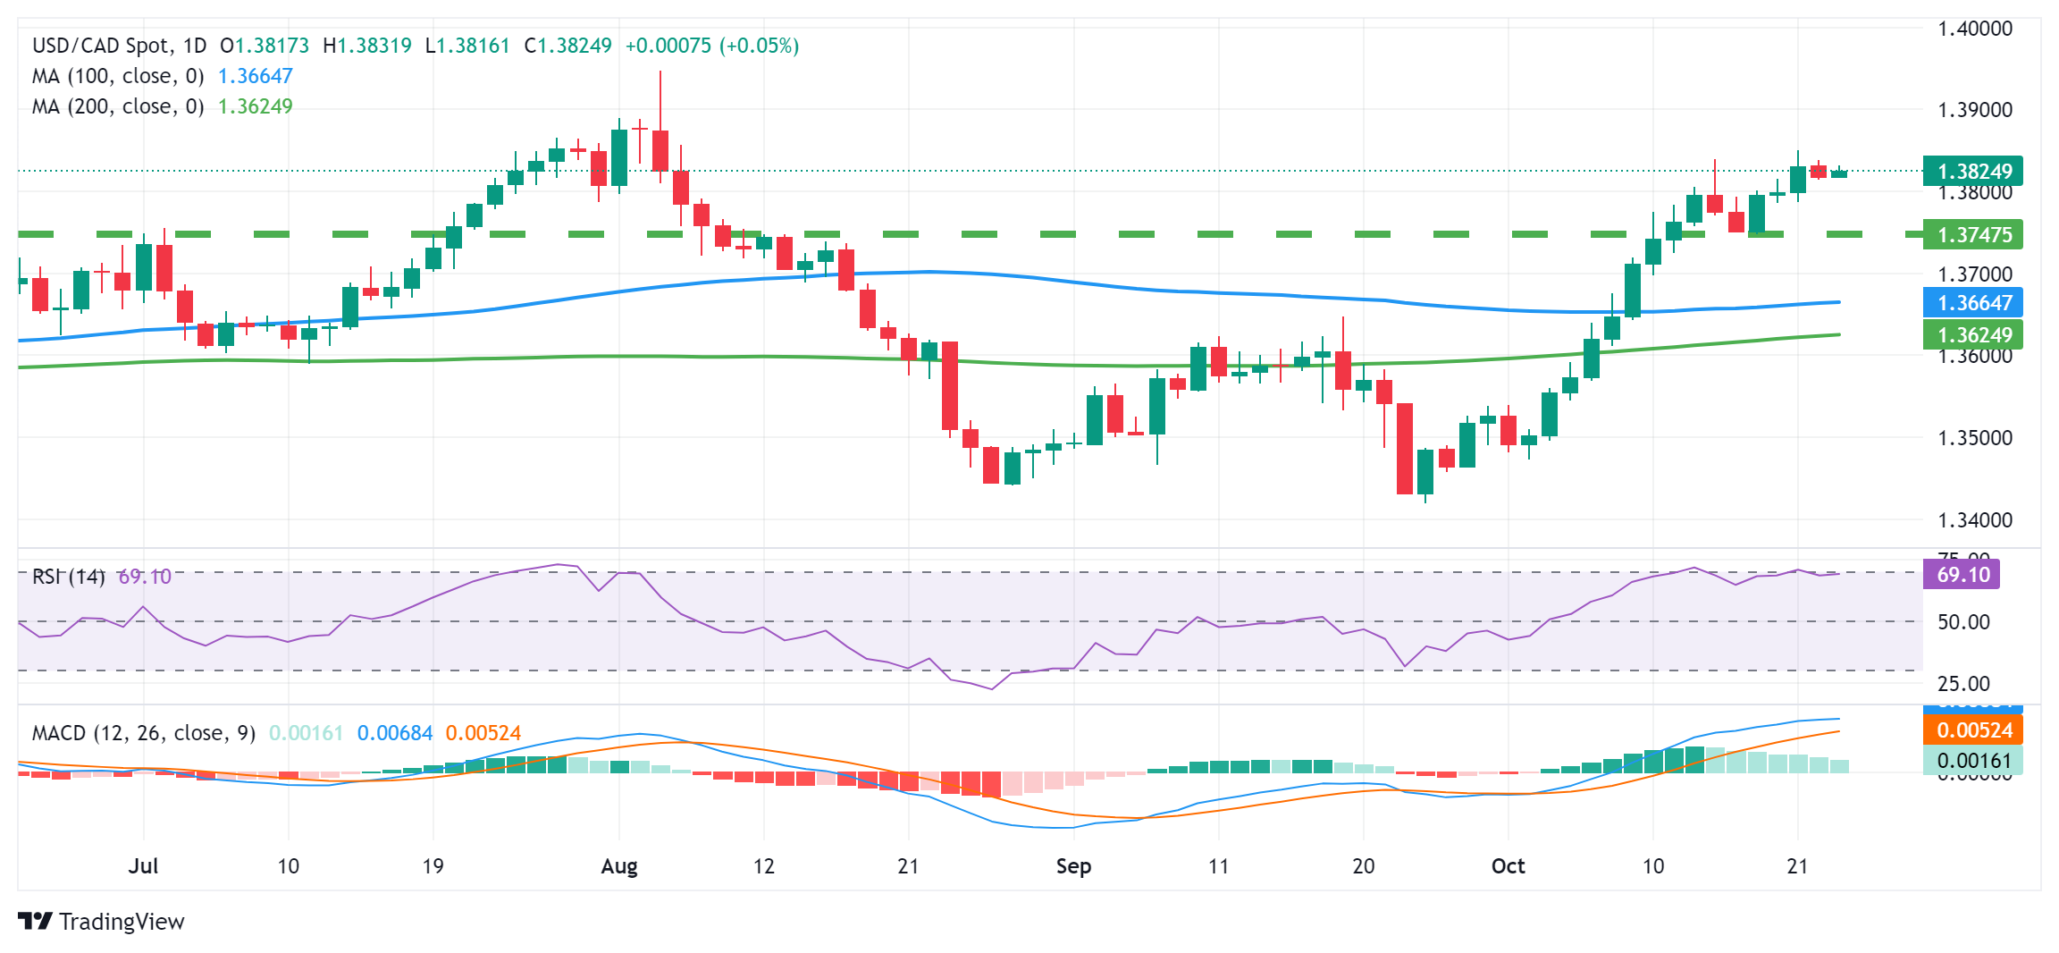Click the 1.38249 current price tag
point(1972,171)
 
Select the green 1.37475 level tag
point(1972,235)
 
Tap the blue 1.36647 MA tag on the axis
point(1972,303)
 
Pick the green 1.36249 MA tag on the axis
point(1972,335)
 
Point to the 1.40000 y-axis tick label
point(1974,29)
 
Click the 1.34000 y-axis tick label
point(1974,520)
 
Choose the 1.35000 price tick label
point(1974,438)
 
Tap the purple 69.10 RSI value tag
point(1962,575)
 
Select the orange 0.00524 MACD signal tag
point(1972,730)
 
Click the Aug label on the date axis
point(619,866)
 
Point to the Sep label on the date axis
point(1073,866)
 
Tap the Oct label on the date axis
point(1509,866)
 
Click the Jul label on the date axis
point(143,866)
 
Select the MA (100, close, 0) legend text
point(118,77)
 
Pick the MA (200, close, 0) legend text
point(118,107)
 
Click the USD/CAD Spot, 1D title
point(119,46)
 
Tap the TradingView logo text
point(121,922)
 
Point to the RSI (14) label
point(68,577)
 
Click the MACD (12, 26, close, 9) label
point(143,733)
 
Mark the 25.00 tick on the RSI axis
point(1963,684)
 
